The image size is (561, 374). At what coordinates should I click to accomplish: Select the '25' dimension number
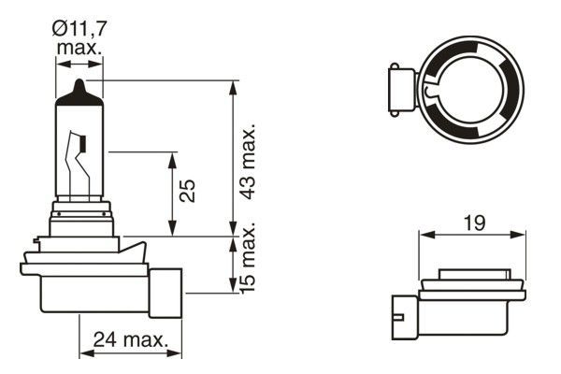188,192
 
